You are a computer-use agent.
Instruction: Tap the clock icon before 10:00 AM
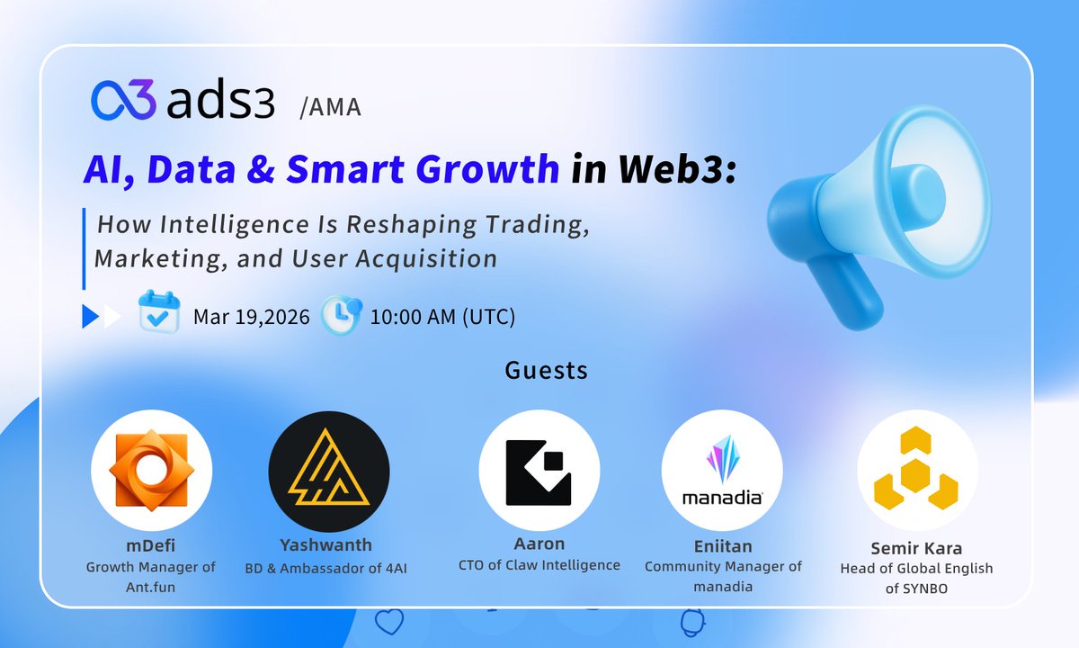coord(342,314)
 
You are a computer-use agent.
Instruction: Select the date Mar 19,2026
coord(252,317)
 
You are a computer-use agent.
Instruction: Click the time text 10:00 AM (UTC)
coord(442,317)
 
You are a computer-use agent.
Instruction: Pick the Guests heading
coord(547,370)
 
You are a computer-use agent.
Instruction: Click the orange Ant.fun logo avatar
coord(151,471)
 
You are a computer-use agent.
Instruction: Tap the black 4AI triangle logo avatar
coord(329,472)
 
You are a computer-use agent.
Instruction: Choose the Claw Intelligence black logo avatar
coord(539,471)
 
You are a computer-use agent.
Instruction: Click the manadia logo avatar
coord(722,471)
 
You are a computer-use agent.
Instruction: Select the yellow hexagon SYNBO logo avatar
coord(916,471)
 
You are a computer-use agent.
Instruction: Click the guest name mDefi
coord(151,546)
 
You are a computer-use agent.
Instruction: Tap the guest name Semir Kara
coord(916,548)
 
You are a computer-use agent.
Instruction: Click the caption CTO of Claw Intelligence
coord(539,565)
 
